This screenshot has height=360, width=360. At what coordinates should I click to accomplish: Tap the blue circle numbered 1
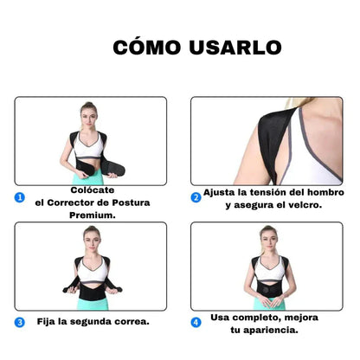(x=20, y=197)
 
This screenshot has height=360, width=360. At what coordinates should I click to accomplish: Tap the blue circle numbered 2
(x=196, y=197)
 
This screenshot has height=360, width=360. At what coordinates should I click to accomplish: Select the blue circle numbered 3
(x=20, y=322)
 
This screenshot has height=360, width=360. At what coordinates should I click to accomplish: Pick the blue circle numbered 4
(x=196, y=322)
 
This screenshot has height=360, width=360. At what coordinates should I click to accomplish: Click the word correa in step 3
(x=126, y=321)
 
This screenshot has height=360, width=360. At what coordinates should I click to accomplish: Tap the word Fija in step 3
(x=48, y=321)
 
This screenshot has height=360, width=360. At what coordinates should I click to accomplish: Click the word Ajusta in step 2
(x=222, y=193)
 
